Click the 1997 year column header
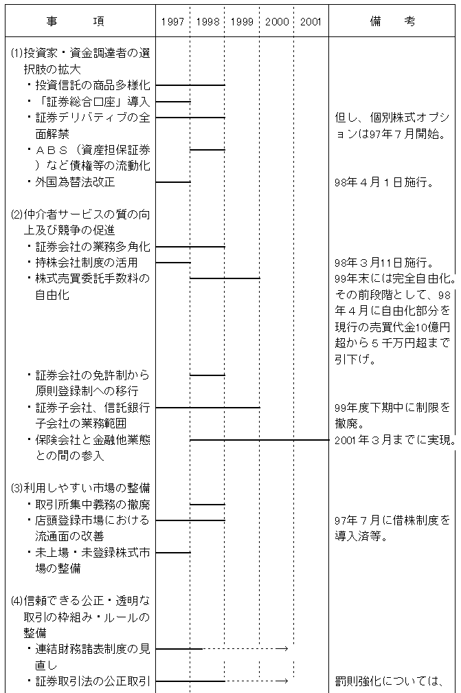[172, 22]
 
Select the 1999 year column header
[242, 22]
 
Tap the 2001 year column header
[311, 22]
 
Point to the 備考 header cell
[392, 21]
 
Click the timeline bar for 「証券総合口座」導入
[173, 102]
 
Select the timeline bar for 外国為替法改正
[173, 182]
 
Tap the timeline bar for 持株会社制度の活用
[173, 263]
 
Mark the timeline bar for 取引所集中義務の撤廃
[207, 504]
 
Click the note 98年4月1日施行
[383, 182]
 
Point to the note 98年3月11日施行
[383, 263]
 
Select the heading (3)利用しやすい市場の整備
[80, 488]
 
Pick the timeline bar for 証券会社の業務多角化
[190, 247]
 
